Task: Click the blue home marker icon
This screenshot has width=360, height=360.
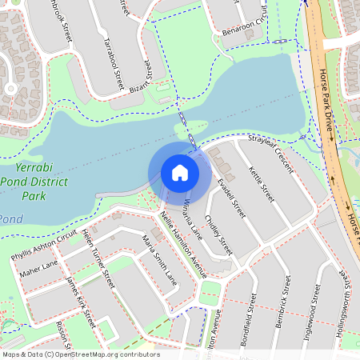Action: pos(180,173)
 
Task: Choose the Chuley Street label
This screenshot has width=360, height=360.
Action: pos(218,231)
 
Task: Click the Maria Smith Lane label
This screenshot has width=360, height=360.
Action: pos(159,260)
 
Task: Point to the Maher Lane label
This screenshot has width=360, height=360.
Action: pos(39,269)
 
